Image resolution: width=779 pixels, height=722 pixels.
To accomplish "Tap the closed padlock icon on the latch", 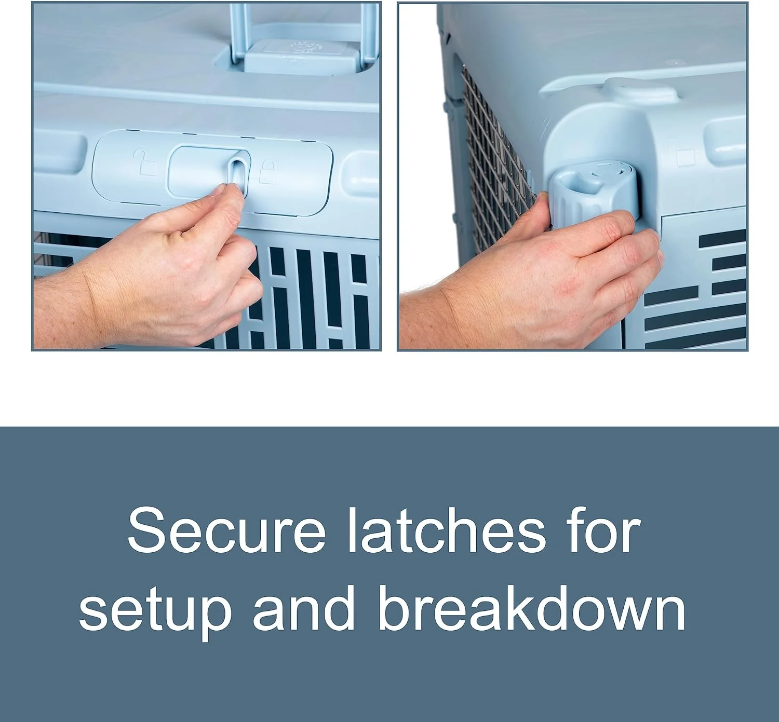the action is pos(268,171).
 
